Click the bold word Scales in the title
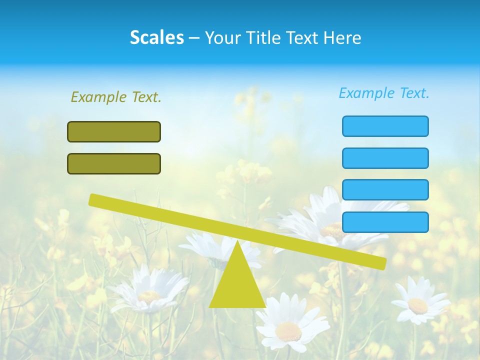(x=157, y=37)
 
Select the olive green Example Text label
(x=116, y=97)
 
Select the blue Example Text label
(x=384, y=93)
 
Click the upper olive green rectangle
(x=114, y=131)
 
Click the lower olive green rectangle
(x=114, y=163)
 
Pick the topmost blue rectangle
(x=385, y=126)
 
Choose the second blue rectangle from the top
(x=385, y=158)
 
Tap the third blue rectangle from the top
(x=385, y=189)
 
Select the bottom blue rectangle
(x=385, y=222)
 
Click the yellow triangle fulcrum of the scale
(x=237, y=285)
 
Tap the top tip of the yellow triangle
(x=237, y=241)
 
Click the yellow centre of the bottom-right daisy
(x=417, y=305)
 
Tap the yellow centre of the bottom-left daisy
(x=149, y=296)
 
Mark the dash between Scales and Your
(x=194, y=38)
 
